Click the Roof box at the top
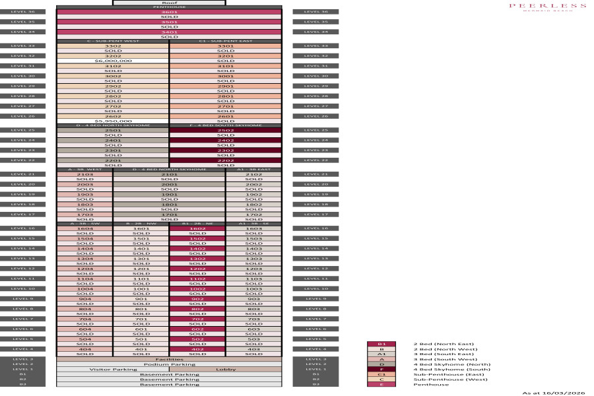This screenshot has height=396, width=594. [x=169, y=3]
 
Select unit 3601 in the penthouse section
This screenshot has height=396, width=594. [x=169, y=12]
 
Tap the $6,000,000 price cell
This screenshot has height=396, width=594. [x=113, y=61]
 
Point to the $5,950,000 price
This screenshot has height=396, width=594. [x=113, y=121]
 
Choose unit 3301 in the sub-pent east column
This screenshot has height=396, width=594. [x=226, y=46]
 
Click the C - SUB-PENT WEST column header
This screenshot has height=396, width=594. [x=113, y=41]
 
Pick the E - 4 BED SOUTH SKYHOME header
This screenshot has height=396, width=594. [x=226, y=125]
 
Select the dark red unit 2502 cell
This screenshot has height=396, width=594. [x=226, y=131]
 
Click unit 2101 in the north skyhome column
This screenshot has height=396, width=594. [x=169, y=174]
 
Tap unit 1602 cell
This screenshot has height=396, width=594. [x=197, y=228]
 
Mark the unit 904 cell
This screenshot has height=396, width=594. [x=84, y=298]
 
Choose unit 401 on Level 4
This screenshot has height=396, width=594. [x=141, y=349]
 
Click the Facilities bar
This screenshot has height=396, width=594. [x=169, y=359]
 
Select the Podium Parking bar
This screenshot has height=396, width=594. [x=169, y=364]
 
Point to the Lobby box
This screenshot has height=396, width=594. [x=226, y=370]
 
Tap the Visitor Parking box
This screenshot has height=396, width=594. [x=113, y=370]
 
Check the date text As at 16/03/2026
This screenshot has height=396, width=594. [x=554, y=393]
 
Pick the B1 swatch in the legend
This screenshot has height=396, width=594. [x=381, y=344]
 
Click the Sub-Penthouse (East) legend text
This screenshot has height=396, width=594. [x=440, y=374]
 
